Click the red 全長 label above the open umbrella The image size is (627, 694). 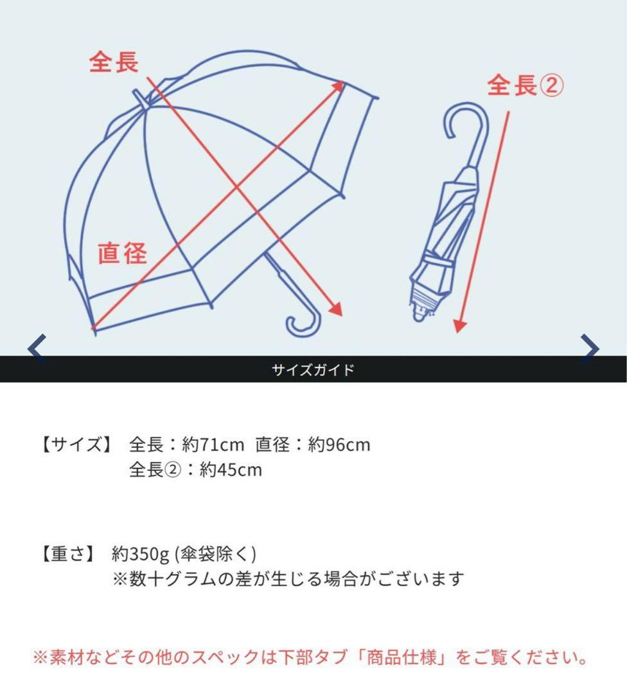pos(114,62)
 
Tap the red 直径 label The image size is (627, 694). pos(123,253)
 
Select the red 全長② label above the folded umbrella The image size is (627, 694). pos(525,85)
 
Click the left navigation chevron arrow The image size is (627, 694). pos(37,348)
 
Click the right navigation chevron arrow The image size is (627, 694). pos(589,348)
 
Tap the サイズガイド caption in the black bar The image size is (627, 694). pos(313,370)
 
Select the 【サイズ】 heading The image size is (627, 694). pos(76,444)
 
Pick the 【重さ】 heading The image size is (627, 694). pos(67,554)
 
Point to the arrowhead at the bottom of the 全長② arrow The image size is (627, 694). pos(459,326)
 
